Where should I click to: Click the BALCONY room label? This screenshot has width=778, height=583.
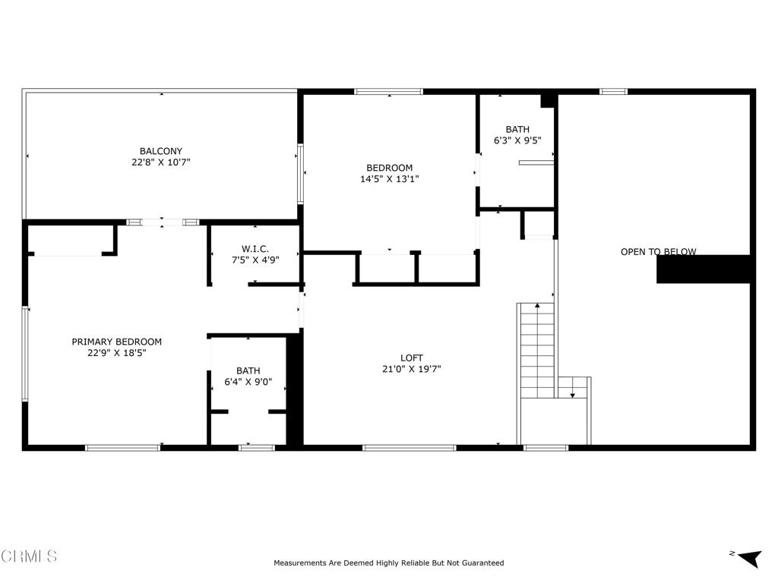pos(160,151)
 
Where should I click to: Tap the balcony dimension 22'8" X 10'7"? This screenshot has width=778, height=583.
pos(160,162)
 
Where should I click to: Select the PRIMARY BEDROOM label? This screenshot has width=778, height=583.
pos(116,342)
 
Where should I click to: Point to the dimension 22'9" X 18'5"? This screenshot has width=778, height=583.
pos(116,352)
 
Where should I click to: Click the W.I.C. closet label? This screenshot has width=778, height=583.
pos(255,249)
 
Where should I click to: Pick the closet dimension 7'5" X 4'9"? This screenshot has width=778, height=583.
pos(255,260)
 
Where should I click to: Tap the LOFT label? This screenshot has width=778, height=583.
pos(412,358)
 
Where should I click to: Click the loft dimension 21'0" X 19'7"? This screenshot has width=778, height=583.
pos(412,369)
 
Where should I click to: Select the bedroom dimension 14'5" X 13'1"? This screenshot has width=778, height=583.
pos(389,179)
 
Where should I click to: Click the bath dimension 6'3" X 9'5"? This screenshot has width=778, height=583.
pos(517,140)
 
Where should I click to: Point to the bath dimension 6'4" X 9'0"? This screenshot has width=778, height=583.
pos(248,382)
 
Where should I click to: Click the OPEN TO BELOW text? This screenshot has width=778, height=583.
pos(658,252)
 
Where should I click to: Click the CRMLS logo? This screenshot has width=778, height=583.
pos(29,556)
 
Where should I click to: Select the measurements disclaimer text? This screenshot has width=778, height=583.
pos(388,563)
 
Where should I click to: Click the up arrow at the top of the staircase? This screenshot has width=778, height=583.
pos(538,306)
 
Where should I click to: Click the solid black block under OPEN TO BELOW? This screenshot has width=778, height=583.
pos(704,269)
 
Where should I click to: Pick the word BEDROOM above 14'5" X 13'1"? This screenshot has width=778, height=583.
pos(389,168)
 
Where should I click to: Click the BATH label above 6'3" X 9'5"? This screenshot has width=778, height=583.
pos(517,129)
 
